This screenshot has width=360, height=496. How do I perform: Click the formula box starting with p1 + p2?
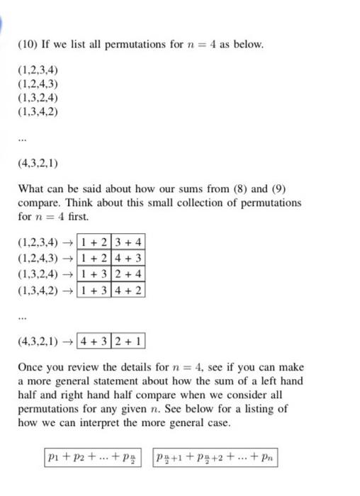click(90, 459)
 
